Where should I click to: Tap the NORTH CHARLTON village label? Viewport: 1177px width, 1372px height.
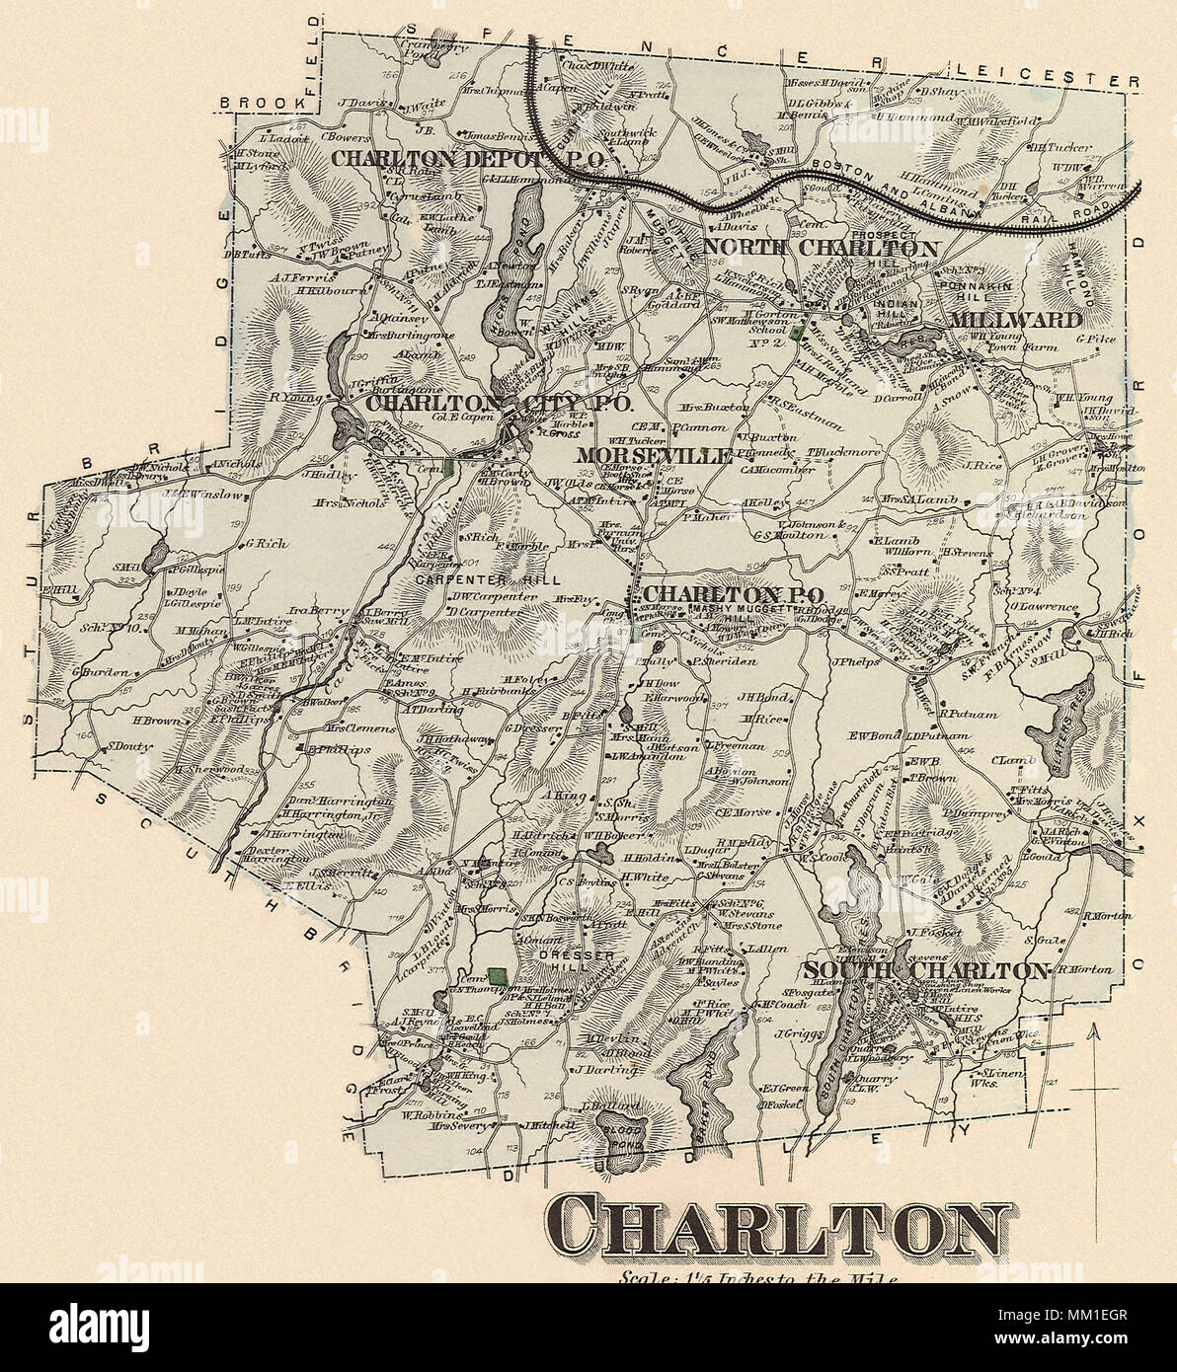[x=819, y=248]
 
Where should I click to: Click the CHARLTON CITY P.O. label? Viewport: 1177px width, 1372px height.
[x=498, y=404]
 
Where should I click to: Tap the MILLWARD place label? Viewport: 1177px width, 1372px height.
[x=1016, y=320]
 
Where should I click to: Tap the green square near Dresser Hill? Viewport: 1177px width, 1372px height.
[x=501, y=976]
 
